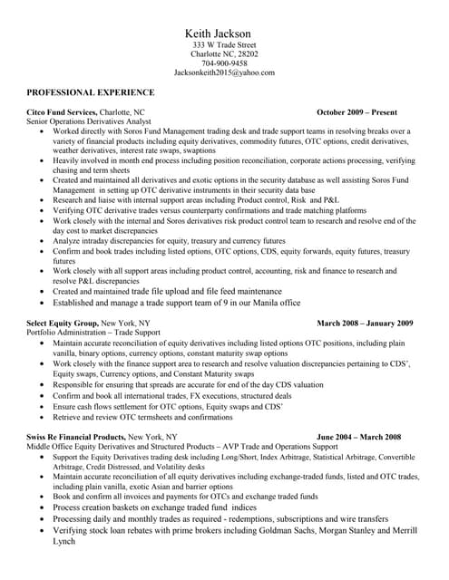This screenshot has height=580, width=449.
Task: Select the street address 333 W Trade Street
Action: coord(224,44)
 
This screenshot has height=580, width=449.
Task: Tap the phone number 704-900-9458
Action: coord(224,63)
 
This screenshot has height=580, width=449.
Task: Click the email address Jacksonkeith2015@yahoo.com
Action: coord(224,72)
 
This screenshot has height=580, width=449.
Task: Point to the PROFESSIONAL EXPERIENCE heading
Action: coord(91,92)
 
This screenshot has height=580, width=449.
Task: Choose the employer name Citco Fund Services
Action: coord(60,112)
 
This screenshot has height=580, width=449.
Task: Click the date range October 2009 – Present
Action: coord(356,112)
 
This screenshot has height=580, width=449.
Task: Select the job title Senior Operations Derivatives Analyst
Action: coord(89,121)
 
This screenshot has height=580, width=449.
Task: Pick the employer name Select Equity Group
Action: coord(62,323)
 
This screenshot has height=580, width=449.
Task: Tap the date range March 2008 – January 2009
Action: coord(365,323)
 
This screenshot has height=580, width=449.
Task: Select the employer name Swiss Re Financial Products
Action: coord(77,437)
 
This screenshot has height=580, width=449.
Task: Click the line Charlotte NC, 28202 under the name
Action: coord(224,54)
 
